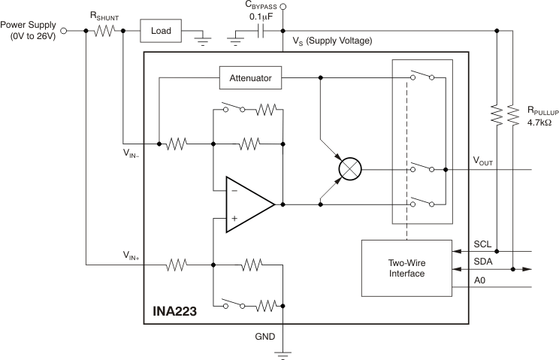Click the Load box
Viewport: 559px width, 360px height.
coord(161,32)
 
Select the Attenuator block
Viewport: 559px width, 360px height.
coord(251,77)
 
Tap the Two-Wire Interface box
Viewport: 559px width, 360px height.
coord(406,268)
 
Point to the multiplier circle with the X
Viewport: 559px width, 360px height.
coord(349,170)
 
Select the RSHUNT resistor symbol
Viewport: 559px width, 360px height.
coord(104,32)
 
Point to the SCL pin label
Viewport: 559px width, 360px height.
coord(482,244)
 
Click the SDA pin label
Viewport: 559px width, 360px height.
coord(482,262)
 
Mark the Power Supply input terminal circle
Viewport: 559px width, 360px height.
coord(64,32)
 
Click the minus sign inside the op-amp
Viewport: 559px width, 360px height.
coord(233,191)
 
